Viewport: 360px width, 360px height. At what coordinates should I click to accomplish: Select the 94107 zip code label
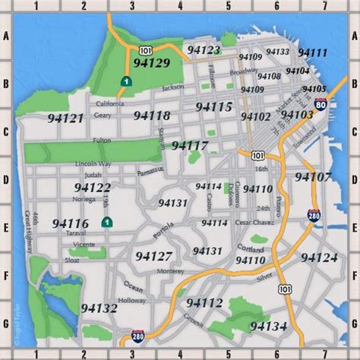[313, 177]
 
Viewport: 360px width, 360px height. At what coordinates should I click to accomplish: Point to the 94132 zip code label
[99, 308]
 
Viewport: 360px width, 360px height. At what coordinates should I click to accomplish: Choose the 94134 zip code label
[268, 326]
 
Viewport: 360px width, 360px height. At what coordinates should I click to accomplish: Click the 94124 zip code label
[319, 257]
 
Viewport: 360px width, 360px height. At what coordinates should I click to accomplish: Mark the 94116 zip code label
[71, 223]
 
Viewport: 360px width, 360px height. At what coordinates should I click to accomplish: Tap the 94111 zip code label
[312, 52]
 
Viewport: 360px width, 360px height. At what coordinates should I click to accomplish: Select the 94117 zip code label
[190, 144]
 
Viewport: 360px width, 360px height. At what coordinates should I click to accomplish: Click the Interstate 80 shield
[321, 105]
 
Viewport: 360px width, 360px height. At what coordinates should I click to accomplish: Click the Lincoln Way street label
[93, 163]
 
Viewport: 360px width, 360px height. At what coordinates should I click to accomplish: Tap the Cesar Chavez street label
[253, 223]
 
